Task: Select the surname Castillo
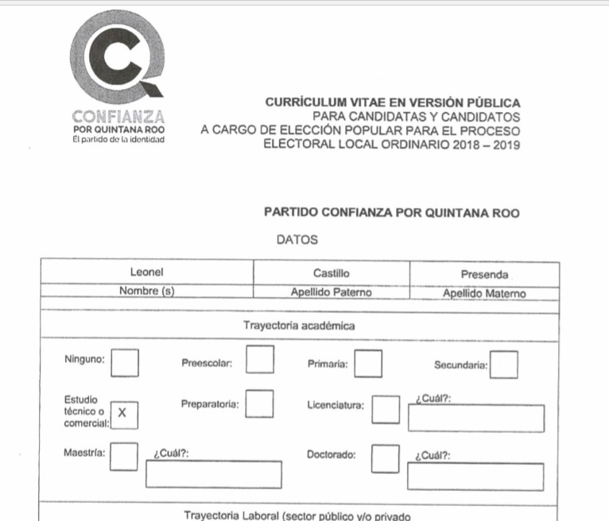[331, 273]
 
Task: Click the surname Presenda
[484, 275]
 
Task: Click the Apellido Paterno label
[331, 292]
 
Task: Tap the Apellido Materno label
[484, 293]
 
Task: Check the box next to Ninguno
[124, 362]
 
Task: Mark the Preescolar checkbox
[260, 360]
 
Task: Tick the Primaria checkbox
[368, 363]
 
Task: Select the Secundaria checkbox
[504, 365]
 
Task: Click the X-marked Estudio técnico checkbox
[122, 413]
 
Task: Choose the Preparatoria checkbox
[260, 403]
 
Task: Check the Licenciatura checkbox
[386, 409]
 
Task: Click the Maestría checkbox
[123, 456]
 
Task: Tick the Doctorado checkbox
[386, 457]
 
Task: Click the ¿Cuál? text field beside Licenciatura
[475, 418]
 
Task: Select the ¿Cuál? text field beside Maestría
[213, 474]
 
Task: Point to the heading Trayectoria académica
[299, 326]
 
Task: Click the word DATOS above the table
[297, 239]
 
